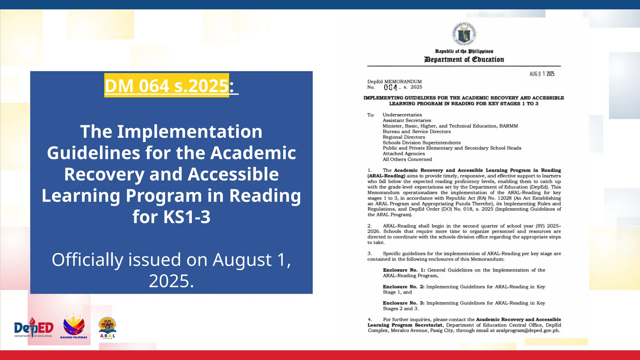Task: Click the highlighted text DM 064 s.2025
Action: pos(167,86)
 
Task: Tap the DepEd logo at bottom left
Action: pos(34,328)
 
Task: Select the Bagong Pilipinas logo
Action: pos(74,327)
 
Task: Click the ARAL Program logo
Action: pos(107,328)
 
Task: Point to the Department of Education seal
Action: pos(464,34)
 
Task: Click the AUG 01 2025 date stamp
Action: pos(542,74)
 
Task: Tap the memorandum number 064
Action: pos(391,87)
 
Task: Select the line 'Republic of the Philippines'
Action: pos(464,51)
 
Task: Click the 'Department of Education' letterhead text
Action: pos(464,59)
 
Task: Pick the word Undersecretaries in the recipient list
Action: pos(402,115)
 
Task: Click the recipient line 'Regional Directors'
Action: pos(404,137)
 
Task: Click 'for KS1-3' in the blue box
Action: pos(171,217)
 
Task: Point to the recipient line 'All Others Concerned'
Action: pos(407,159)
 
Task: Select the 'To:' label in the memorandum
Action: pos(371,115)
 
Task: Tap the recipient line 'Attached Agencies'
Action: pos(404,154)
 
